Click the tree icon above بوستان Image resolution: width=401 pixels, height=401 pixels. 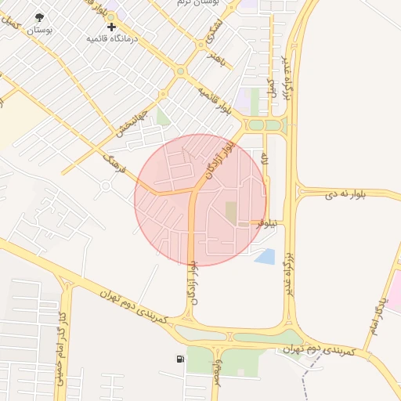[x=39, y=16]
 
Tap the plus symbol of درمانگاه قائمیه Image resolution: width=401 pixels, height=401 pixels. [x=111, y=27]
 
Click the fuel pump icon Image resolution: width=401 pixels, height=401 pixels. [x=182, y=359]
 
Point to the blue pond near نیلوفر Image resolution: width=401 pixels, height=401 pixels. [x=265, y=255]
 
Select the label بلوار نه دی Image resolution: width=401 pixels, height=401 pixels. [x=333, y=191]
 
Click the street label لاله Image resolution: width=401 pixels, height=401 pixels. [x=265, y=164]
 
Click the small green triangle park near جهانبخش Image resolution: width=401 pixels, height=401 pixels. [x=163, y=117]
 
